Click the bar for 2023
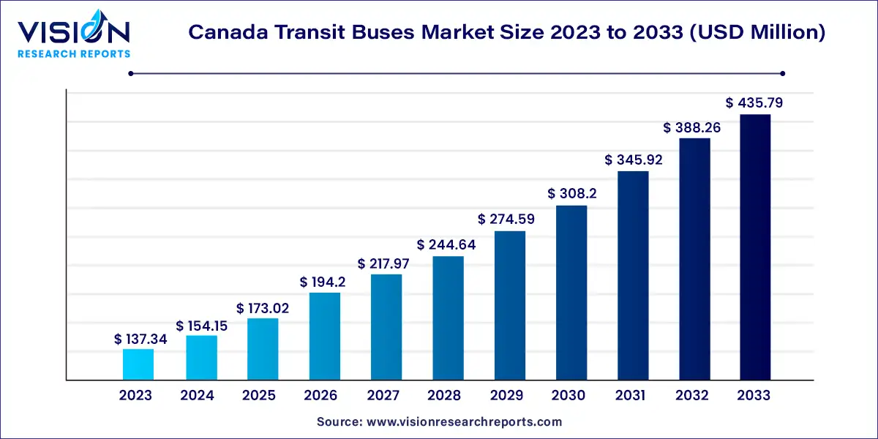click(x=138, y=364)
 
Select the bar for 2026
click(x=324, y=337)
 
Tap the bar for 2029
click(x=510, y=306)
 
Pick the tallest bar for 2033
click(x=755, y=247)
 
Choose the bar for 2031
click(x=633, y=276)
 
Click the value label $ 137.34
click(x=138, y=339)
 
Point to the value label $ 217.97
click(x=386, y=263)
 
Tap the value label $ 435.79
click(x=754, y=103)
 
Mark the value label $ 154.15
click(x=201, y=326)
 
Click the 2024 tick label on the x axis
click(x=197, y=395)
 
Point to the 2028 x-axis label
click(x=445, y=395)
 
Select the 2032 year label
click(x=692, y=395)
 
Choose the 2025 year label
click(x=259, y=395)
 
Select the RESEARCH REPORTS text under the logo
click(x=73, y=53)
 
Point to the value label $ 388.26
click(x=693, y=127)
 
